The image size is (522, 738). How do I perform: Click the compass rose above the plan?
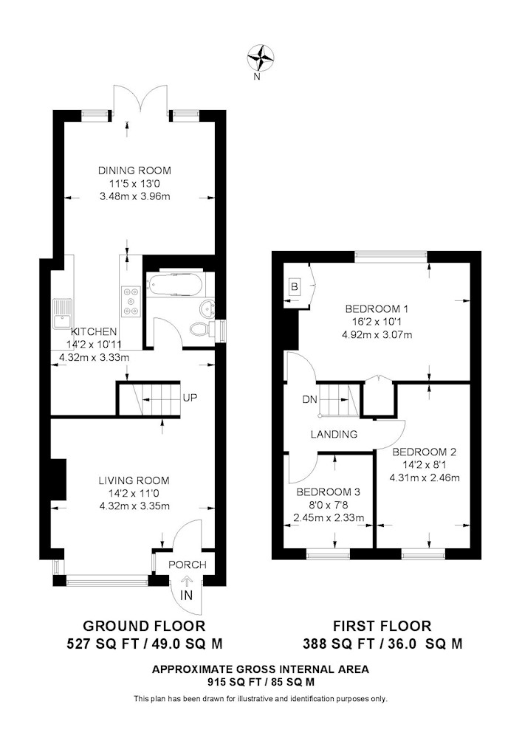[x=261, y=57]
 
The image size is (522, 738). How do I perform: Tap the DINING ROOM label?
[x=134, y=170]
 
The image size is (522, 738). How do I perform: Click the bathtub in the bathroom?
[x=175, y=285]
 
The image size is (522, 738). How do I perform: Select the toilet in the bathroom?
[x=202, y=329]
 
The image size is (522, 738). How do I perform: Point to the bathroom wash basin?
[x=207, y=309]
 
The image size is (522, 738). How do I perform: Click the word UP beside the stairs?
[x=190, y=398]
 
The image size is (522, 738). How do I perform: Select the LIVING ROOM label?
[x=134, y=480]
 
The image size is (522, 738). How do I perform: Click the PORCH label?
[x=188, y=565]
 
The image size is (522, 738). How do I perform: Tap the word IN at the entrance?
[x=187, y=596]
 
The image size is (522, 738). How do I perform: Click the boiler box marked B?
[x=294, y=286]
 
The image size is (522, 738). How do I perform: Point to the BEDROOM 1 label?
[x=377, y=309]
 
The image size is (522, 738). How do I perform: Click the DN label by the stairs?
[x=309, y=400]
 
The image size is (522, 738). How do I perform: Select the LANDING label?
[x=334, y=435]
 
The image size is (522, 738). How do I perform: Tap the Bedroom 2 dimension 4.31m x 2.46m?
[x=425, y=478]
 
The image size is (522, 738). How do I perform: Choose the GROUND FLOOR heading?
[x=144, y=626]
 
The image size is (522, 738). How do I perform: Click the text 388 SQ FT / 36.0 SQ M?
[x=382, y=644]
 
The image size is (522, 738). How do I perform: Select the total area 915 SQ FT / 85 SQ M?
[x=261, y=681]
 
